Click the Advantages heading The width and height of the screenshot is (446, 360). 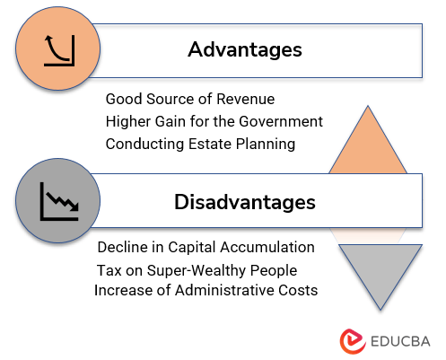click(244, 49)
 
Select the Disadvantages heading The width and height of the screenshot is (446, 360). click(244, 202)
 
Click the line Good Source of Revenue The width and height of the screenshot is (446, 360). click(190, 98)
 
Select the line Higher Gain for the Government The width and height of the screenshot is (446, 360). click(214, 120)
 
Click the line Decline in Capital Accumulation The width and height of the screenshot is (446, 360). click(206, 247)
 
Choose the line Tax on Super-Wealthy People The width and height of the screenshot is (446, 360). click(197, 270)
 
